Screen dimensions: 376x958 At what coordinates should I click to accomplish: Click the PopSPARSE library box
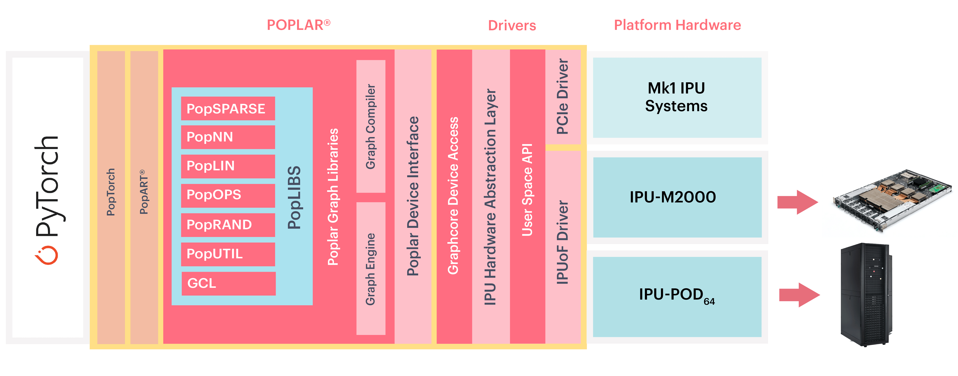click(228, 109)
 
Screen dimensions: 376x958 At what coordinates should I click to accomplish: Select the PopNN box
click(228, 137)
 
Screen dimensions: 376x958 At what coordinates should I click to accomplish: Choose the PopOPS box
click(228, 195)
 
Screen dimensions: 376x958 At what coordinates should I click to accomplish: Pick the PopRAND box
click(228, 225)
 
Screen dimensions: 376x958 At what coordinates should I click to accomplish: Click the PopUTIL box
click(228, 254)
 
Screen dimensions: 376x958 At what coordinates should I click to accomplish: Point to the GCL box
click(228, 283)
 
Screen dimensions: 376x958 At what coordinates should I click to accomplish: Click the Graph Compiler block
click(370, 126)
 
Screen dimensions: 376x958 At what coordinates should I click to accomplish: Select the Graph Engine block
click(370, 268)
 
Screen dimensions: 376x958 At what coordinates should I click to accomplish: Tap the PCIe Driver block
click(562, 97)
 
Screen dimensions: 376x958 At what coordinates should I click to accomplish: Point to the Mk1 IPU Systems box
click(677, 97)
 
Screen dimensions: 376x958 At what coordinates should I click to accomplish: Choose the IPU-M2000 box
click(677, 197)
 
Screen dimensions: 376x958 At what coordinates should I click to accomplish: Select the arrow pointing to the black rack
click(799, 295)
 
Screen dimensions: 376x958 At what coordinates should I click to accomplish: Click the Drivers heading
click(512, 26)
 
